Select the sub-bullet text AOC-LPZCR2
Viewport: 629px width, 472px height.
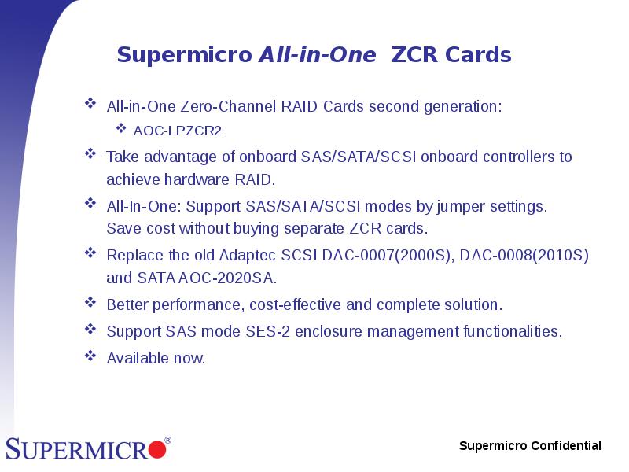click(177, 131)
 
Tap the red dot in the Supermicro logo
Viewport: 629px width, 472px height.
click(157, 450)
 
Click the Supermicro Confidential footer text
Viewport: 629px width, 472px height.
click(530, 446)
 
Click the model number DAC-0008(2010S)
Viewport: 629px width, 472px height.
click(524, 256)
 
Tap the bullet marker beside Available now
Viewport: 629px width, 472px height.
click(90, 356)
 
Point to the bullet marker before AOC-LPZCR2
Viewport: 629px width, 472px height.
click(121, 128)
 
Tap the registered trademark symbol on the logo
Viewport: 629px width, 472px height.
click(167, 441)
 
